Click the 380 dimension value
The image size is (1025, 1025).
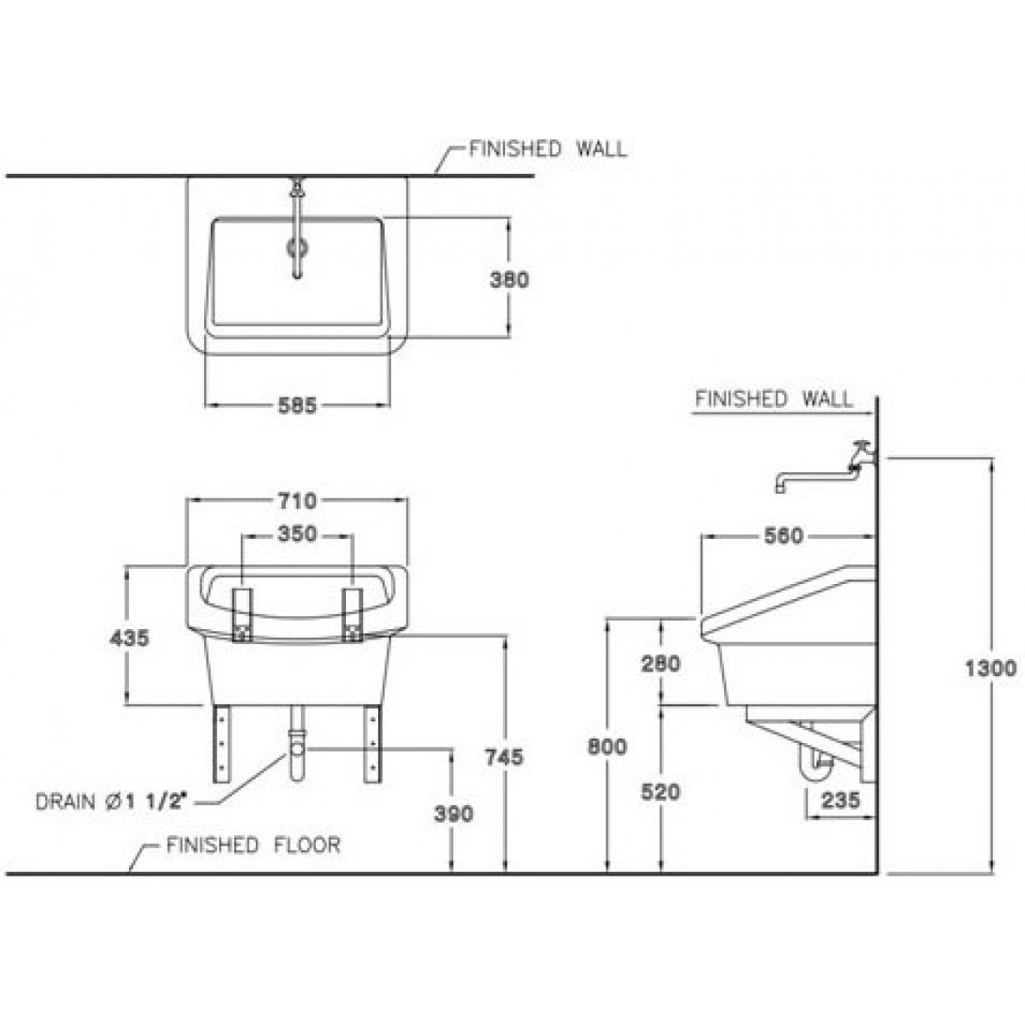(510, 280)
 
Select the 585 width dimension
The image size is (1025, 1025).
(297, 405)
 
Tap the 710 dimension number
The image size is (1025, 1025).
(297, 500)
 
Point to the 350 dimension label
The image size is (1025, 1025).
(297, 534)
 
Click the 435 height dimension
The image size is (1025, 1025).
(130, 638)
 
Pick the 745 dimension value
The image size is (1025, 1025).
(504, 756)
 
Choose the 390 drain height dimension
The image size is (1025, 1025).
(453, 813)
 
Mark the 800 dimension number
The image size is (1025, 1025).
(607, 746)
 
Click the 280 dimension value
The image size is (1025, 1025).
(661, 664)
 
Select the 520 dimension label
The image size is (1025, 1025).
(661, 792)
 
